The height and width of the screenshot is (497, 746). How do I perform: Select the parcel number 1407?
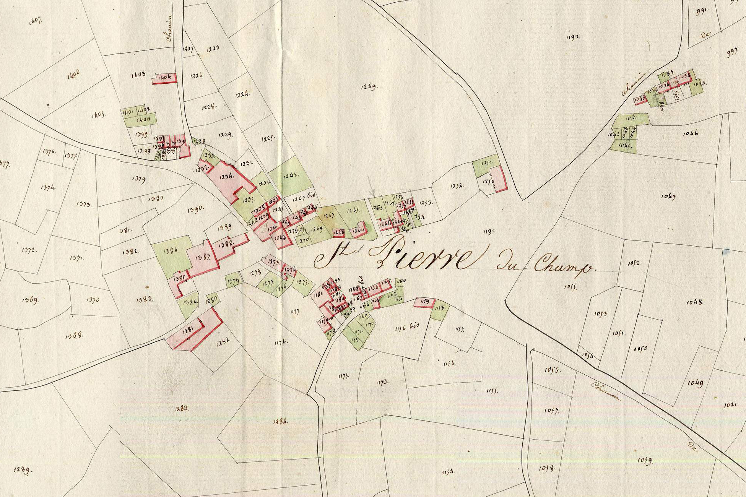[x=35, y=20]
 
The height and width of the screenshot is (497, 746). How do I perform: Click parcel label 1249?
[x=369, y=87]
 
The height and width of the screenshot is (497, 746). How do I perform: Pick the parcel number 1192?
[x=573, y=37]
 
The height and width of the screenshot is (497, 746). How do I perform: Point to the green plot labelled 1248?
[x=292, y=176]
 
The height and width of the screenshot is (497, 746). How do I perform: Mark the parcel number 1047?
[x=668, y=196]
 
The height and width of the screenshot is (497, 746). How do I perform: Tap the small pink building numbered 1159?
[x=424, y=302]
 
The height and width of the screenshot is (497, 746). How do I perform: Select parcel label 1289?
[x=23, y=470]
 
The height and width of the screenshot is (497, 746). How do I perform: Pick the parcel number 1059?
[x=645, y=460]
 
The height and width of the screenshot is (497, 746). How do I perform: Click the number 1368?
[x=74, y=336]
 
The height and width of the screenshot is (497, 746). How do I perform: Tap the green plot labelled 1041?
[x=631, y=118]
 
